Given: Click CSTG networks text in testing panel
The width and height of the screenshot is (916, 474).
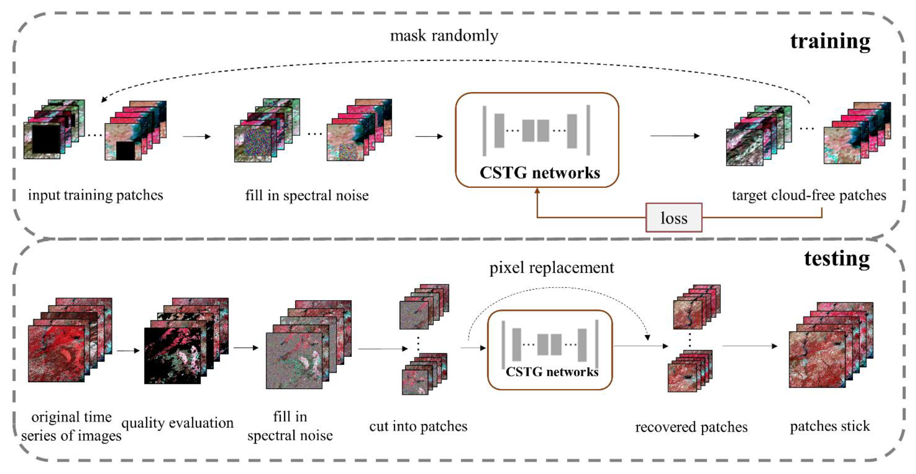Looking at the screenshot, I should click(552, 372).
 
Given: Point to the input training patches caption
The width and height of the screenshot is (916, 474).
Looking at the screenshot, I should click(95, 195).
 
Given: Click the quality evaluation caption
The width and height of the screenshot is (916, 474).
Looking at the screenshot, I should click(177, 423).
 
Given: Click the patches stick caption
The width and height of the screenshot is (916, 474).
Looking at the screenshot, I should click(830, 426).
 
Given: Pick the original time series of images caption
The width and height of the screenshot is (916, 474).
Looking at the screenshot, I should click(71, 426).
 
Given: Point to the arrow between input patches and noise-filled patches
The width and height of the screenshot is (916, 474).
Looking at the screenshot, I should click(197, 136).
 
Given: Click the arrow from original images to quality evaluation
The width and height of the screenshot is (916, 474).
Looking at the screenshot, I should click(128, 351).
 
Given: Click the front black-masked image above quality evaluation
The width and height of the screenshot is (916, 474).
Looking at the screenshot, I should click(172, 356).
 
